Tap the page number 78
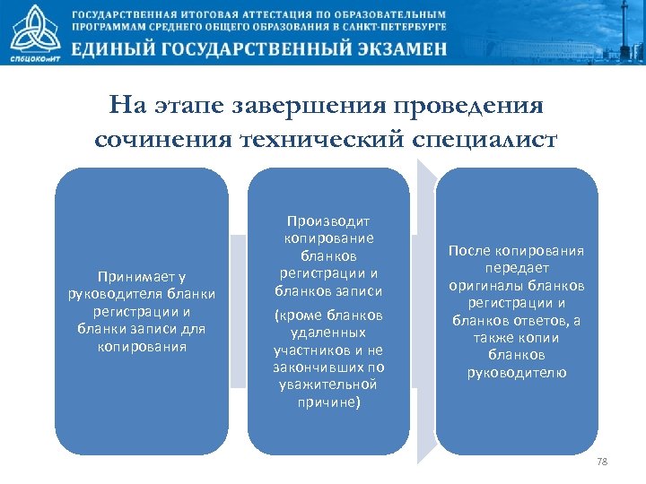[602, 461]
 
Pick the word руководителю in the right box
[517, 372]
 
